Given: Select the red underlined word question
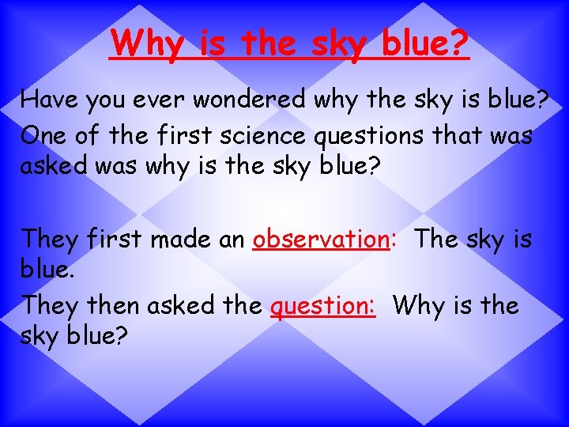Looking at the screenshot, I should click(x=322, y=305).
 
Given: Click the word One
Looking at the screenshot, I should click(x=43, y=135).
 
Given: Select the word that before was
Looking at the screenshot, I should click(x=458, y=135).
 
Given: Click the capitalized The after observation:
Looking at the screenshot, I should click(x=435, y=238).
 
